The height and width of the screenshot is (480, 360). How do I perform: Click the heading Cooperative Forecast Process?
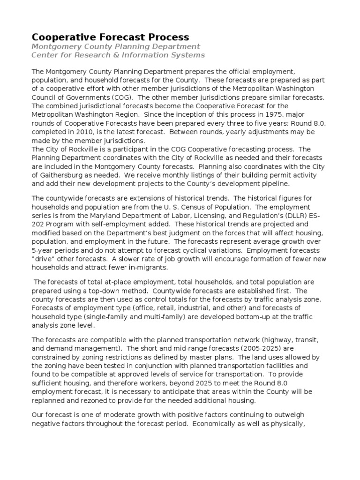click(110, 37)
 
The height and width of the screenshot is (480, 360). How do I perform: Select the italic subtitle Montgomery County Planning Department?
click(115, 46)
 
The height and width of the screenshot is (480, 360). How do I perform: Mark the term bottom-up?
click(232, 316)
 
